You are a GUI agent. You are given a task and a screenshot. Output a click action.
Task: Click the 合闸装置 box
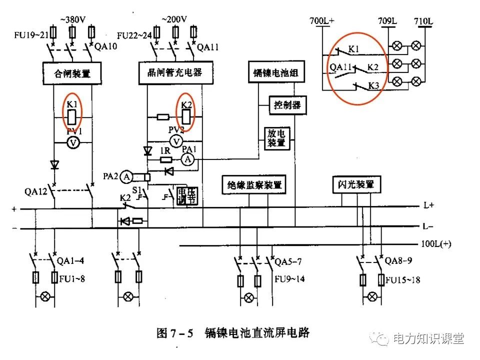(72, 73)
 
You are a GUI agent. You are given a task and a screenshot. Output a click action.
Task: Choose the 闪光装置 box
(353, 184)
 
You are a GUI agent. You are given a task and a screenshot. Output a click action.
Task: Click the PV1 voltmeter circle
(73, 143)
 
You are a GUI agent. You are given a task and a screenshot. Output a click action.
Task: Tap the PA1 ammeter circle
(188, 159)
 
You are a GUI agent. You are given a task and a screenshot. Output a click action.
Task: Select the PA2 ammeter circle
(127, 176)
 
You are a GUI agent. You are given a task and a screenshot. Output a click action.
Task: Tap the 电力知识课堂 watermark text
(428, 338)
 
